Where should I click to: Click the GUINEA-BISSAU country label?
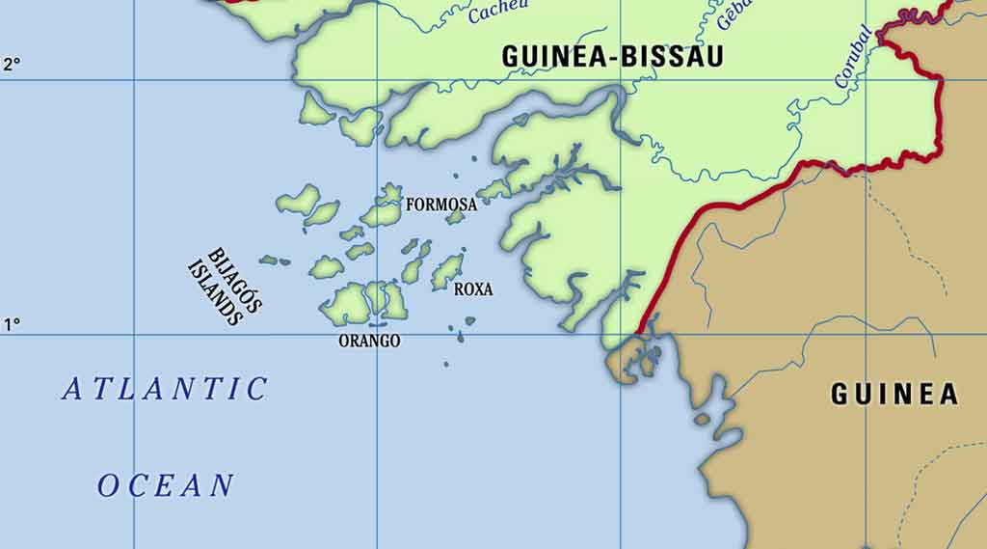[612, 56]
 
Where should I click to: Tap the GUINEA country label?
[894, 394]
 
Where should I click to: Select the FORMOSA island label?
[440, 205]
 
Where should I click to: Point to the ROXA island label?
[473, 288]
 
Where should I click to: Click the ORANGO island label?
[369, 341]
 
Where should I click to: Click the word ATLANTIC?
[165, 389]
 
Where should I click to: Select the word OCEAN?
[166, 485]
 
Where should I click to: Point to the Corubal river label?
[854, 58]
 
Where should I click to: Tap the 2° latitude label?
[12, 65]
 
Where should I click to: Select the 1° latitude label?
[12, 325]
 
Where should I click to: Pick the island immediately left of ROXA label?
[446, 272]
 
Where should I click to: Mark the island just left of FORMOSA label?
[385, 206]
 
